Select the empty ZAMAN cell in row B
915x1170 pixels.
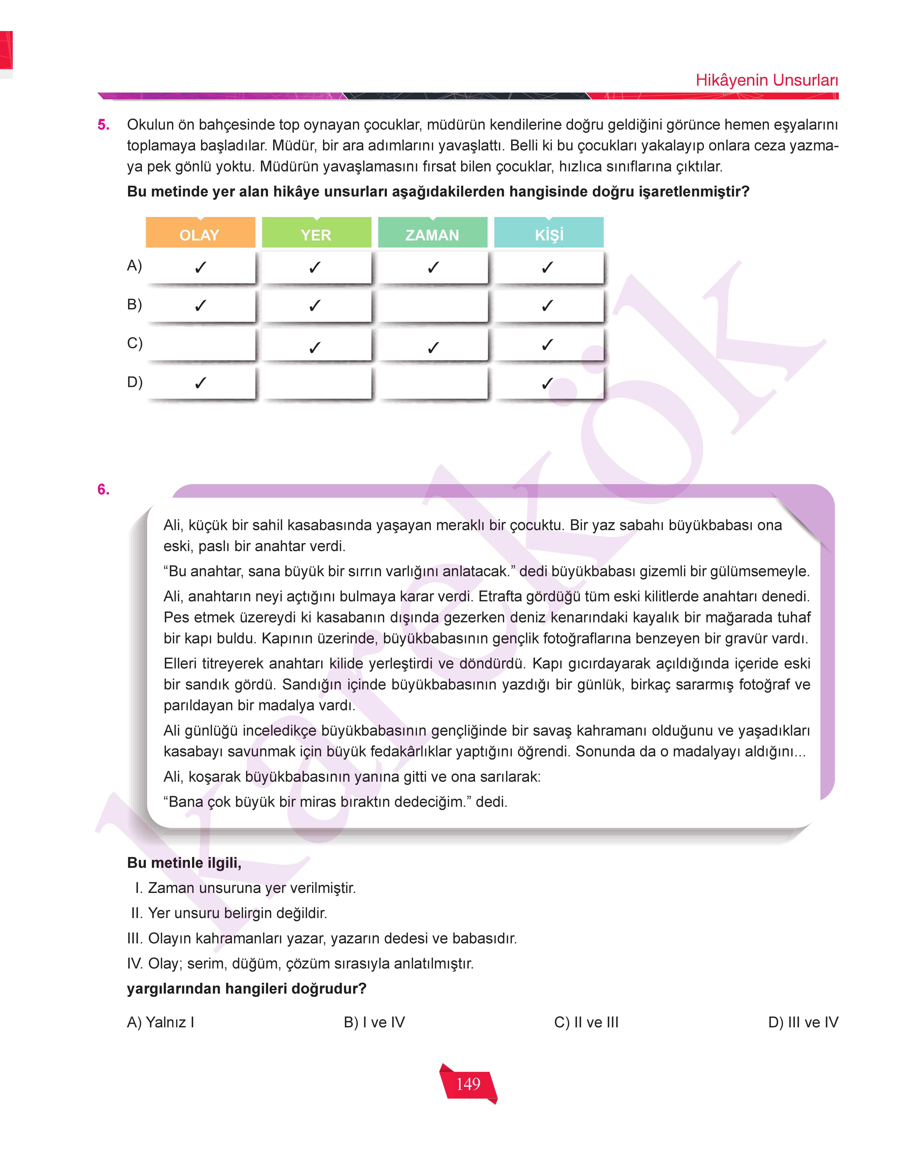click(433, 305)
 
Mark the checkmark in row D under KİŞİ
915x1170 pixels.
click(547, 383)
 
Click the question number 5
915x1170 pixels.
click(103, 125)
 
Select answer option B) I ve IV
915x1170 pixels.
click(374, 1022)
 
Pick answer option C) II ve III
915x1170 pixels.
click(586, 1022)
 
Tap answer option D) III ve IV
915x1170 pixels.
click(803, 1022)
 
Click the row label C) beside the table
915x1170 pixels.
click(135, 343)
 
